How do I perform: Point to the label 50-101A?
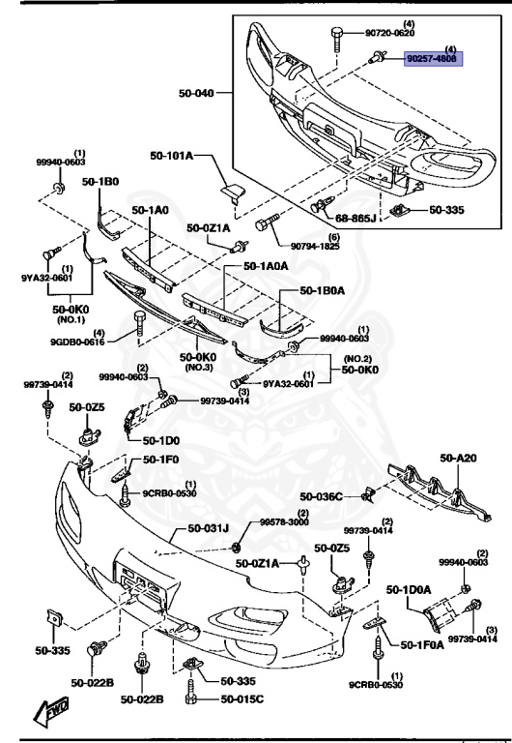(x=172, y=156)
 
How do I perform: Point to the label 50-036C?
(x=322, y=496)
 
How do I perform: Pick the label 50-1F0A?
(x=421, y=644)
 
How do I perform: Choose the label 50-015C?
(x=242, y=699)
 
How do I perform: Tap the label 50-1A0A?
(x=267, y=265)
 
